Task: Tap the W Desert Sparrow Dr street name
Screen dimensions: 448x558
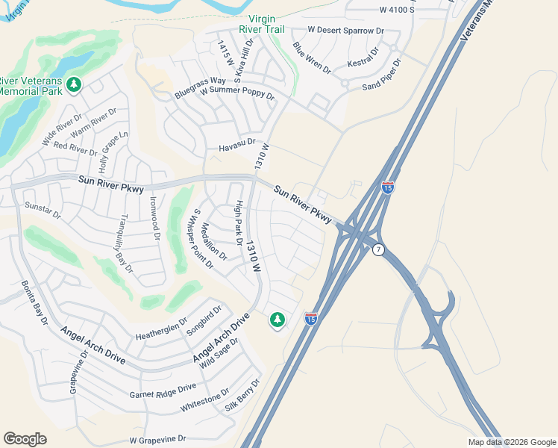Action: click(x=345, y=31)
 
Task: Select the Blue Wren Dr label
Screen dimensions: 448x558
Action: click(x=312, y=57)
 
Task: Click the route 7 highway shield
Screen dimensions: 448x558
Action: click(x=379, y=249)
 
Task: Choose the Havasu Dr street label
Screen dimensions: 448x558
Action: click(x=236, y=145)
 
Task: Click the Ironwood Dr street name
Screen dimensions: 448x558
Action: click(x=155, y=217)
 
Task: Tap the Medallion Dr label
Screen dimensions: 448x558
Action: click(x=214, y=242)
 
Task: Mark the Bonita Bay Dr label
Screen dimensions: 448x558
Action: click(x=34, y=302)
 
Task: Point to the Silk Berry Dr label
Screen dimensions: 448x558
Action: click(x=242, y=395)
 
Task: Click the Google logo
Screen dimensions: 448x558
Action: click(x=25, y=439)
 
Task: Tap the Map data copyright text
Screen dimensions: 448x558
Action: click(x=511, y=442)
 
